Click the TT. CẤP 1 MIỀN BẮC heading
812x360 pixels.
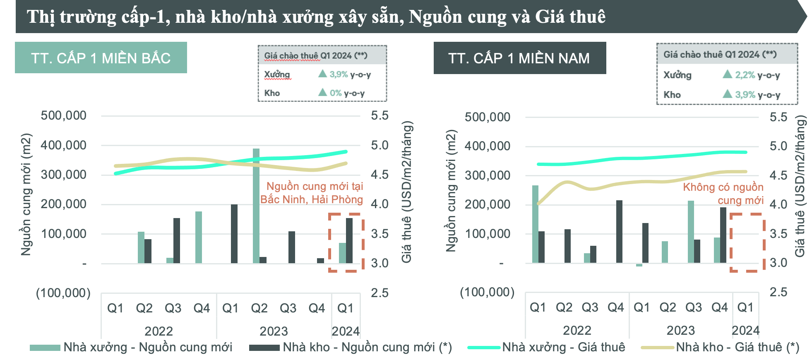click(x=101, y=58)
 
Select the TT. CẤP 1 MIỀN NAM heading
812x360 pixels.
click(x=519, y=58)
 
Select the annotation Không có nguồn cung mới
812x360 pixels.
click(x=723, y=194)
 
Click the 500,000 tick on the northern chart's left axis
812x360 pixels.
click(x=63, y=115)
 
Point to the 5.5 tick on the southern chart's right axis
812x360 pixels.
click(x=778, y=117)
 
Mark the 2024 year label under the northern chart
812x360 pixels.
click(x=345, y=331)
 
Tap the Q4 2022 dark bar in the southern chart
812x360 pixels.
click(x=619, y=232)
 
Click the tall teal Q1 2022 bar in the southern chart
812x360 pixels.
click(x=535, y=224)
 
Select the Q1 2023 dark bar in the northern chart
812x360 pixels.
click(x=234, y=234)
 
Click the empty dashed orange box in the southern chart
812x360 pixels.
click(x=747, y=242)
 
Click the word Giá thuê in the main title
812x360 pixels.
click(x=570, y=17)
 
